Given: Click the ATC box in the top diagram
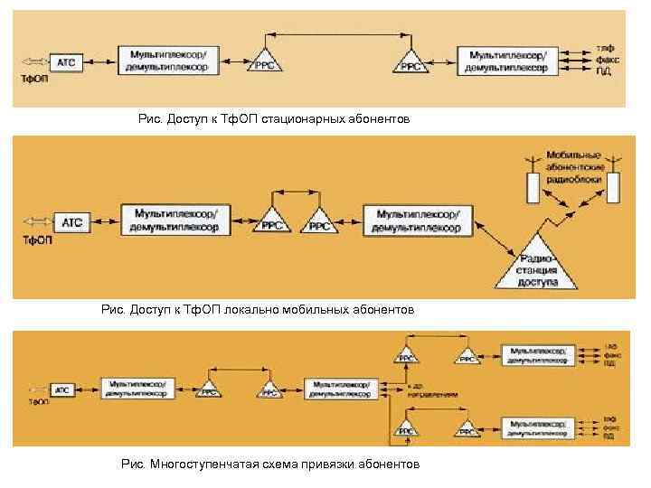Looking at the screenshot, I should [x=67, y=62].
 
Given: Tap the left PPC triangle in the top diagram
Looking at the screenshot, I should [x=264, y=61].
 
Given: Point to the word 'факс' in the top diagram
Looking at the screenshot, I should [x=604, y=60].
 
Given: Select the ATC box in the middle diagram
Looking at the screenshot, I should [x=72, y=222].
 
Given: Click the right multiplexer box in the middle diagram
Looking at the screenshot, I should [x=418, y=221].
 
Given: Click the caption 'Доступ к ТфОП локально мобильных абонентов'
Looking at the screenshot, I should [x=258, y=310].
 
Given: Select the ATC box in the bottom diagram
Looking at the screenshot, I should [x=62, y=389].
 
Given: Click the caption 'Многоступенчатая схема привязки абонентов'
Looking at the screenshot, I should [x=270, y=465].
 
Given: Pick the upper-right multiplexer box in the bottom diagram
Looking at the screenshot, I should [x=538, y=355].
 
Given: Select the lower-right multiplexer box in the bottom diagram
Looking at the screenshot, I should [x=538, y=427].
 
